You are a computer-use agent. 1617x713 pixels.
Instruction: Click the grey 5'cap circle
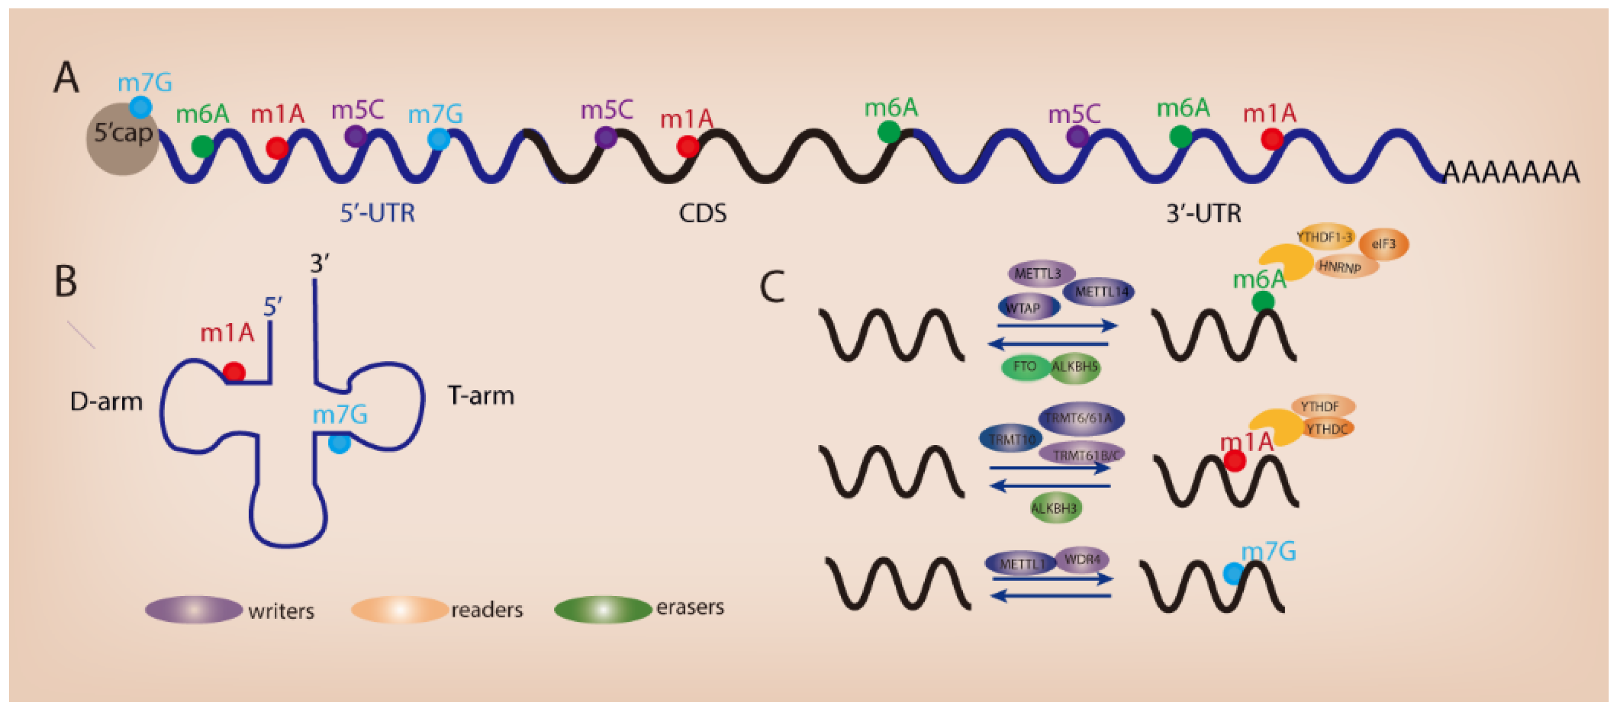122,139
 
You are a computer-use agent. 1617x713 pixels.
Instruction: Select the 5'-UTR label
377,213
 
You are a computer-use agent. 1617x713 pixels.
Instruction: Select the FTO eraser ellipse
1024,367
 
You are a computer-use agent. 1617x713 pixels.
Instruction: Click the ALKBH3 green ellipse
1055,508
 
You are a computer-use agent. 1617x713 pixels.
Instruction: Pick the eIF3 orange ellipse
1384,244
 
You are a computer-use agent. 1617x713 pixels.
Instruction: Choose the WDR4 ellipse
1082,559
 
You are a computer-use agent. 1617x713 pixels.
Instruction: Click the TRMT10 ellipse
1010,439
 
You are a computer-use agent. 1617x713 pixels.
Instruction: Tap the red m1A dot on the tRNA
234,372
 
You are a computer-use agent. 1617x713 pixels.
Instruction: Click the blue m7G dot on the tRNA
339,443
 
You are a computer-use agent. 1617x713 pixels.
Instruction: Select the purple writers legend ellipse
194,609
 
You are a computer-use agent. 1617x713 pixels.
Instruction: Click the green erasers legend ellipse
602,609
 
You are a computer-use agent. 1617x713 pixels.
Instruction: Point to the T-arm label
481,396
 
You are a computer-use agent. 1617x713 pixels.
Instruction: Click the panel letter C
772,288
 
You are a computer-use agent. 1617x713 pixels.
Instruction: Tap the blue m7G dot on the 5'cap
140,107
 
